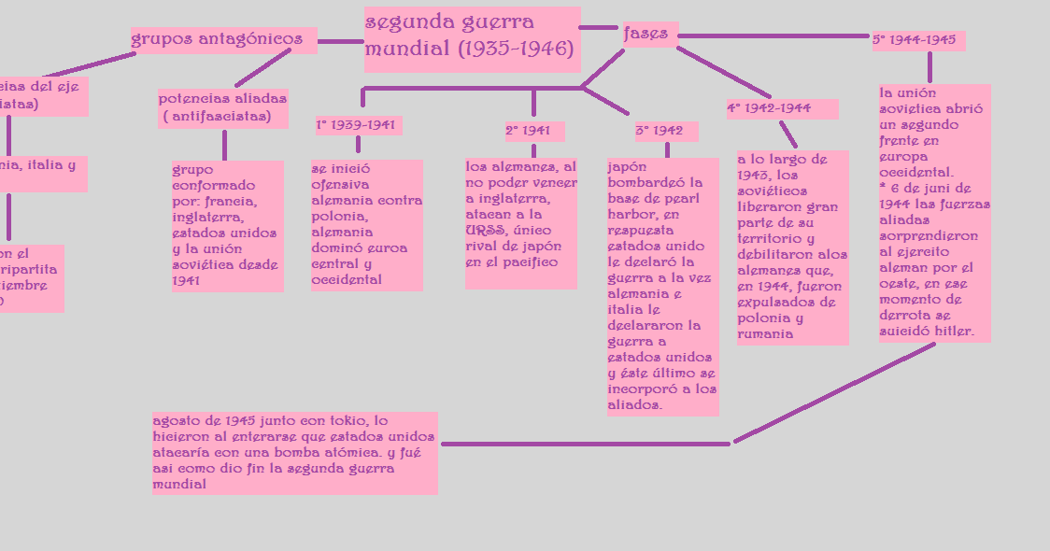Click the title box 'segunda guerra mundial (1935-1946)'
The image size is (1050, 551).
472,38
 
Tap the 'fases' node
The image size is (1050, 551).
648,35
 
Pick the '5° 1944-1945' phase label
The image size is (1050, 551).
917,41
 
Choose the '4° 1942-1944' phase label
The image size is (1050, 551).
781,109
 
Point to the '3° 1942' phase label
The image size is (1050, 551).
666,131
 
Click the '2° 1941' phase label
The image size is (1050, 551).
533,131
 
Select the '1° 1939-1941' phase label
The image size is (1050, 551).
358,125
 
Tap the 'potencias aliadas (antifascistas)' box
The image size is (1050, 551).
222,108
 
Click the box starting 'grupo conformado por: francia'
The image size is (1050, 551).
227,226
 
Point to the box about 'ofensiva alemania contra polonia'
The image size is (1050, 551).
366,225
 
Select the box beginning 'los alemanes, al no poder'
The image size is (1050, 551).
520,223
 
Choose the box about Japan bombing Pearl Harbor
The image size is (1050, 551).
662,286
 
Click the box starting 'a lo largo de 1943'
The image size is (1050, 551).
792,247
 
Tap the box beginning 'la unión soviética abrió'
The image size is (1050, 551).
934,213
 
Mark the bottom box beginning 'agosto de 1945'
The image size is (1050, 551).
294,453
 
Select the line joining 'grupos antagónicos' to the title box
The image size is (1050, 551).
340,41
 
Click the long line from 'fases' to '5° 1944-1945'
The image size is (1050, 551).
775,36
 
